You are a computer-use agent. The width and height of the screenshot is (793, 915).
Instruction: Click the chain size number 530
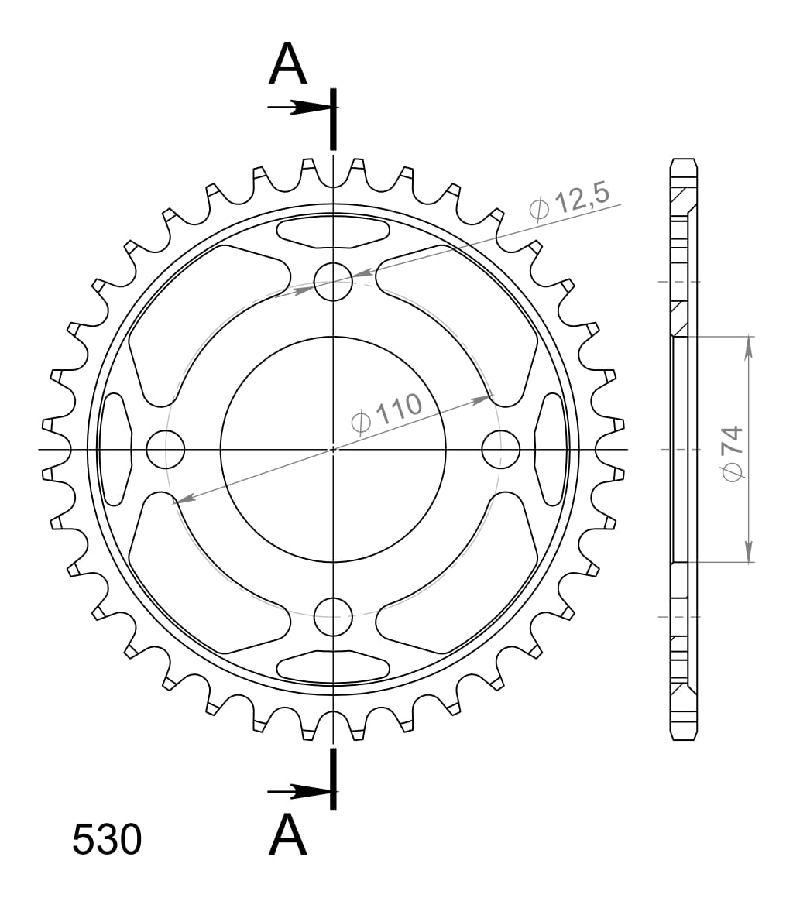[x=107, y=840]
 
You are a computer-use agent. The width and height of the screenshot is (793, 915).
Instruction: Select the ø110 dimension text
[x=386, y=412]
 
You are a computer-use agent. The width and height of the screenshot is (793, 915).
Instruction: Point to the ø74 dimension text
[x=731, y=453]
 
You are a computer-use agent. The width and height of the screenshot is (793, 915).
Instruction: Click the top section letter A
[x=288, y=64]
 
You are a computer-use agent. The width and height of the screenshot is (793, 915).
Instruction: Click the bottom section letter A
[x=288, y=835]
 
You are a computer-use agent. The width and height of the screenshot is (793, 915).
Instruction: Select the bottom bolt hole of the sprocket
[x=333, y=617]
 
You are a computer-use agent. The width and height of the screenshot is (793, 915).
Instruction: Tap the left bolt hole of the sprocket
[x=165, y=449]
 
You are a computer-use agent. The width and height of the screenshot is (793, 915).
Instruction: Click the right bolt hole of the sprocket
[x=501, y=449]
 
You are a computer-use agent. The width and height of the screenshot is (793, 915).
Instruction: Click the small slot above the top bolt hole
[x=333, y=231]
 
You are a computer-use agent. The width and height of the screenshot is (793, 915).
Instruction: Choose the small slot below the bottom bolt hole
[x=333, y=667]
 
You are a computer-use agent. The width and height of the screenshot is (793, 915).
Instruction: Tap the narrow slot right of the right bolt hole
[x=551, y=449]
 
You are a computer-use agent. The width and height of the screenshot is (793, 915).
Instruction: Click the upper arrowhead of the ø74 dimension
[x=749, y=348]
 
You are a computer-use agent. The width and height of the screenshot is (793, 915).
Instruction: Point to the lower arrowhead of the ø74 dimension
[x=749, y=550]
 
